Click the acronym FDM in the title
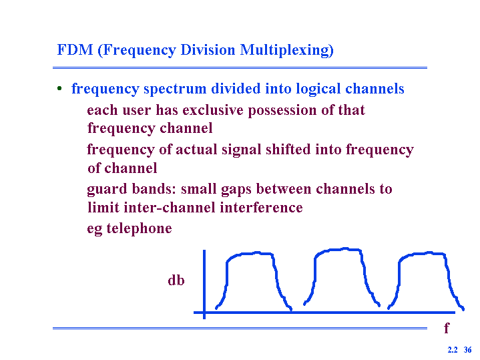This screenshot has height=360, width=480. coord(75,49)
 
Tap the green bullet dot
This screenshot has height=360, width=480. coord(59,89)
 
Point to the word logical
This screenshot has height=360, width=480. coord(318,89)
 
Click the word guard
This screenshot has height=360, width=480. coord(107,189)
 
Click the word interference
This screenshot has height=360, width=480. coord(261,208)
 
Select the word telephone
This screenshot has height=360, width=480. coord(139,228)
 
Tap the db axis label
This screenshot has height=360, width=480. coord(176,280)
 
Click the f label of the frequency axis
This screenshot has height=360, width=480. coord(447,327)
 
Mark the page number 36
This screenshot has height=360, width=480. coord(467,349)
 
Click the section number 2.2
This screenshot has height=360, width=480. coord(453,349)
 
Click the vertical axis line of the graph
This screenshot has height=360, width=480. coord(204,285)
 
